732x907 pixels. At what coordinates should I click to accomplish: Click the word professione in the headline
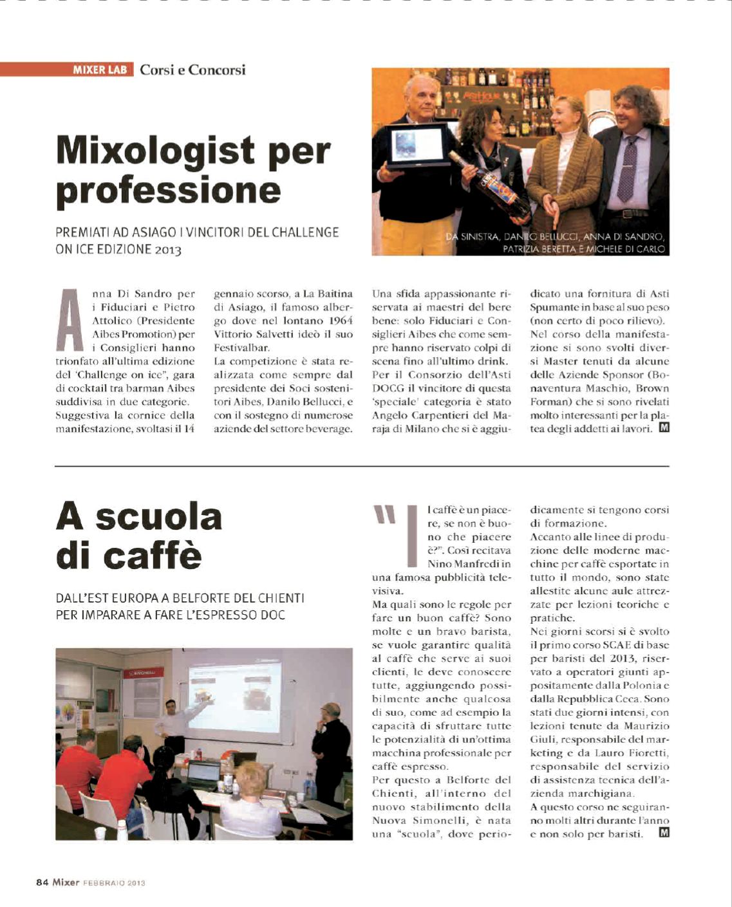coord(169,190)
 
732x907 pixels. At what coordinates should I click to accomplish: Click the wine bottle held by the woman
coord(490,183)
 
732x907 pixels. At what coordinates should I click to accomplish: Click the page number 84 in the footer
coord(42,883)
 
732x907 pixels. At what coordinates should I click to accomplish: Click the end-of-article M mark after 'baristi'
coord(664,834)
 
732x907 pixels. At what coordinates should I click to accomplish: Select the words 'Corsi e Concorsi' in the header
coord(192,70)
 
